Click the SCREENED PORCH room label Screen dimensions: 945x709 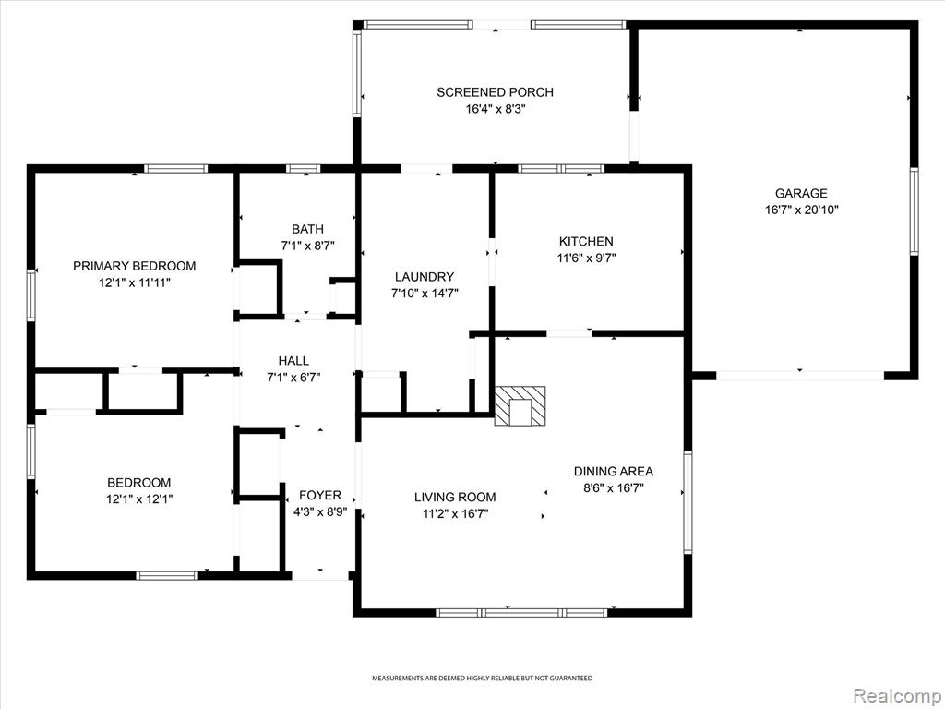pyautogui.click(x=495, y=92)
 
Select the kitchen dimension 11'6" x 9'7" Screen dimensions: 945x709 pyautogui.click(x=586, y=258)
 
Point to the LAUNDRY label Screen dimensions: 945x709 pyautogui.click(x=425, y=277)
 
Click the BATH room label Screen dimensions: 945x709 pyautogui.click(x=307, y=229)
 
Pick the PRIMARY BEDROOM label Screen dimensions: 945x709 pyautogui.click(x=135, y=266)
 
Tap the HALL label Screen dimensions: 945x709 pyautogui.click(x=293, y=361)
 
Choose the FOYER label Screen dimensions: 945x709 pyautogui.click(x=320, y=495)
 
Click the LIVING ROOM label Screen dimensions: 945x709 pyautogui.click(x=455, y=497)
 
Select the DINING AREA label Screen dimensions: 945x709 pyautogui.click(x=614, y=471)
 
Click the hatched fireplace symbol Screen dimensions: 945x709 pyautogui.click(x=520, y=406)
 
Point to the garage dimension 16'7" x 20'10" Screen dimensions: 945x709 pyautogui.click(x=802, y=210)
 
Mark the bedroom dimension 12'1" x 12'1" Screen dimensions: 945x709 pyautogui.click(x=139, y=499)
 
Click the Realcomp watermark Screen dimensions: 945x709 pyautogui.click(x=895, y=695)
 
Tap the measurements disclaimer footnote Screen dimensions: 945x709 pyautogui.click(x=482, y=679)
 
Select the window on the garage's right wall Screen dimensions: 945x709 pyautogui.click(x=914, y=211)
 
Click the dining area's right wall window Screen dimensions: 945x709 pyautogui.click(x=688, y=501)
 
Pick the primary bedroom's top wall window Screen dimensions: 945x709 pyautogui.click(x=175, y=169)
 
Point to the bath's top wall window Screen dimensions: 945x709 pyautogui.click(x=303, y=169)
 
